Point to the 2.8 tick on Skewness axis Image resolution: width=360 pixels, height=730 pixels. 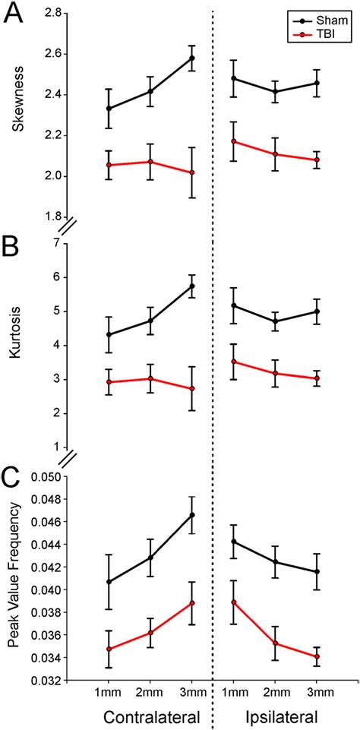[52, 13]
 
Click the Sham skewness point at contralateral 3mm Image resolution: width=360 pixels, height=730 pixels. [192, 58]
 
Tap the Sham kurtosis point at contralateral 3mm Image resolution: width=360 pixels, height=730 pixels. [192, 286]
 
